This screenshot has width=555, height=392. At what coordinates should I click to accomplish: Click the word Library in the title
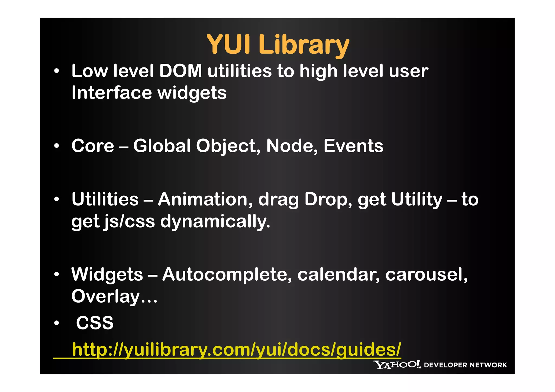[x=304, y=45]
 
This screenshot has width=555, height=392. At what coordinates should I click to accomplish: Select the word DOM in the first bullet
[x=180, y=71]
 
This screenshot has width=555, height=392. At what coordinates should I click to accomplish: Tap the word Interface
[x=111, y=93]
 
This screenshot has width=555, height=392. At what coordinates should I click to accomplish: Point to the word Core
[x=93, y=146]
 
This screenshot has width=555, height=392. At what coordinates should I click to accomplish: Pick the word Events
[x=353, y=146]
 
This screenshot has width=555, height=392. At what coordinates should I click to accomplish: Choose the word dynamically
[x=215, y=222]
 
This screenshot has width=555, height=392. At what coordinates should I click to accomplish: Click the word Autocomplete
[x=227, y=274]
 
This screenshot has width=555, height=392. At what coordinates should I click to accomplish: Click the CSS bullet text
[x=95, y=323]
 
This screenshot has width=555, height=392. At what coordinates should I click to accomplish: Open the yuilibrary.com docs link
[x=236, y=349]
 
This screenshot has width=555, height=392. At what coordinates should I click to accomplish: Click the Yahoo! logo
[x=397, y=365]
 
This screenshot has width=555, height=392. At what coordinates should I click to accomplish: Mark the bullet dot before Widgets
[x=56, y=274]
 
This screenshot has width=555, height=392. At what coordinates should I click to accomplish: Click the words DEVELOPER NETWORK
[x=465, y=365]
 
